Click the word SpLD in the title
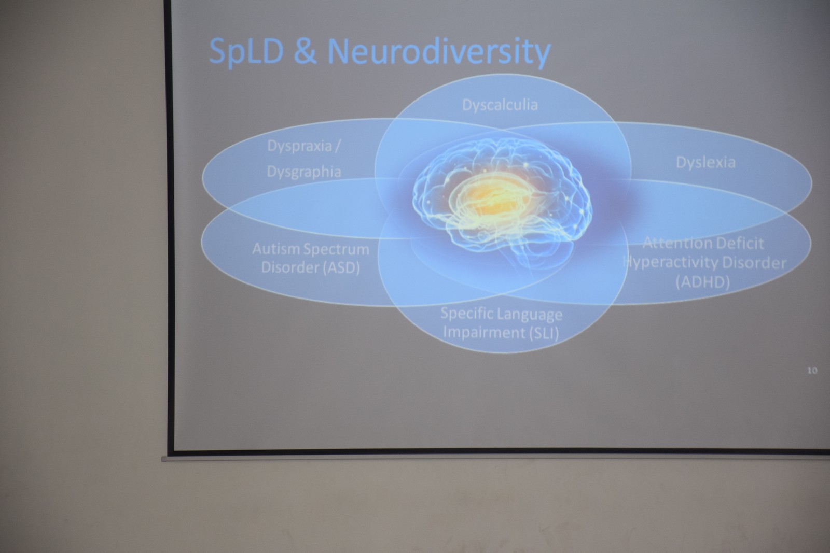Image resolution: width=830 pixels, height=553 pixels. click(x=246, y=52)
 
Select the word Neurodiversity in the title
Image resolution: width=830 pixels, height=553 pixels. click(x=439, y=52)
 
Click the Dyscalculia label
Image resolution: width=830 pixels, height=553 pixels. click(x=500, y=105)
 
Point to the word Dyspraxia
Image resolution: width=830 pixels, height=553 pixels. click(x=299, y=147)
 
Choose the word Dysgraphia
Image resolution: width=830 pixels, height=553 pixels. click(x=304, y=172)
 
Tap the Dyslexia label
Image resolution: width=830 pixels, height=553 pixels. click(x=706, y=163)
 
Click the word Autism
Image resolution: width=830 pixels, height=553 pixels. click(x=276, y=249)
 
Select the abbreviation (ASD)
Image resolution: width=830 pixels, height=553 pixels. click(x=341, y=267)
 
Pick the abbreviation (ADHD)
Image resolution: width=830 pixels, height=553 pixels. click(x=702, y=282)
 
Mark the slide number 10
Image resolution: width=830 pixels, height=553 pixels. click(x=812, y=371)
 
